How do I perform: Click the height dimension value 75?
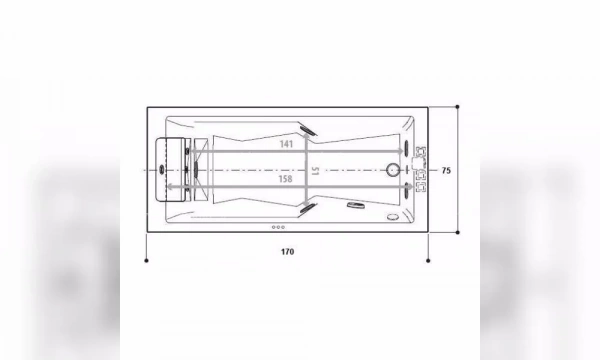[447, 171]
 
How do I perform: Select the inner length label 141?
[286, 144]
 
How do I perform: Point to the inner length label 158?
[286, 181]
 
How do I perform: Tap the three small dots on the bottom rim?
[279, 227]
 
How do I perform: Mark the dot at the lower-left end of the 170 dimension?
[147, 261]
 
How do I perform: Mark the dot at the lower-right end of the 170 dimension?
[428, 261]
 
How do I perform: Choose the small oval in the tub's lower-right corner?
[390, 212]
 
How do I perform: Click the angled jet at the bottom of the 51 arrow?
[307, 208]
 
